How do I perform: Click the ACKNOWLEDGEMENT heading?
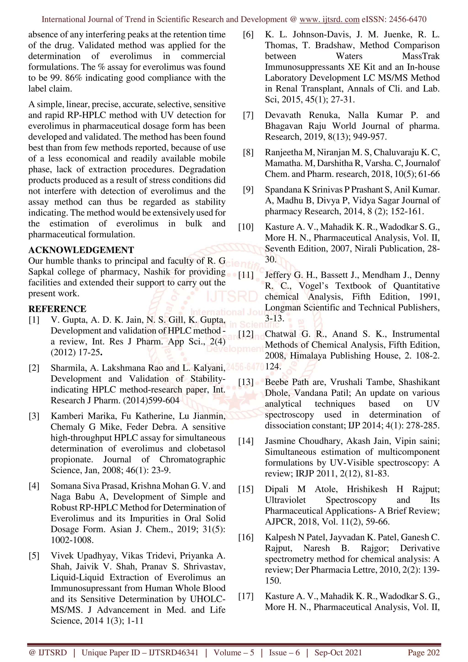tap(81, 250)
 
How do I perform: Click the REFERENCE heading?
tap(57, 309)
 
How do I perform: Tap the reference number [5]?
tap(34, 556)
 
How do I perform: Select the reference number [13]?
tap(246, 382)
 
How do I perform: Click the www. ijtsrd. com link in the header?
tap(329, 19)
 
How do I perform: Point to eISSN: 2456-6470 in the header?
tap(394, 19)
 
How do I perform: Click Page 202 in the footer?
tap(423, 652)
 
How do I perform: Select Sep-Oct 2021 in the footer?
tap(338, 652)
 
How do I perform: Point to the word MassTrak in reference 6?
tap(421, 56)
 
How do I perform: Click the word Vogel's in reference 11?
tap(313, 286)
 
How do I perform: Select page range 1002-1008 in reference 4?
tap(72, 540)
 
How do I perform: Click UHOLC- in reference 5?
tap(207, 599)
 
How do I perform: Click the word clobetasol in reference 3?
tap(206, 449)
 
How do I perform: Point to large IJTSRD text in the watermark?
tap(231, 297)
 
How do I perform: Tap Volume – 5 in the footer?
tap(234, 652)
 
